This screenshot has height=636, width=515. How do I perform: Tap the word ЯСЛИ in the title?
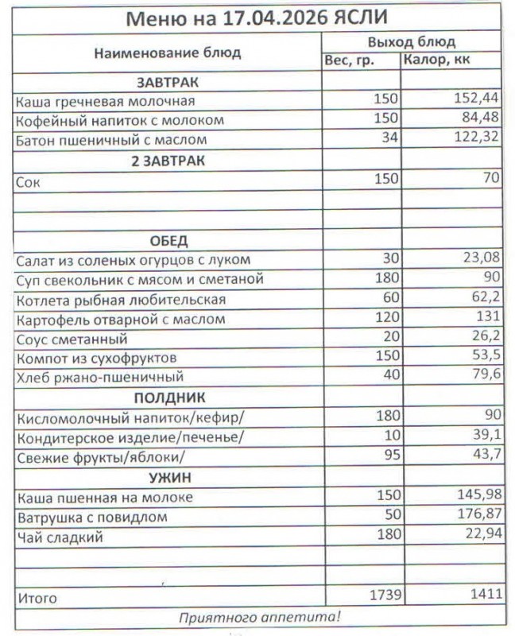click(x=343, y=18)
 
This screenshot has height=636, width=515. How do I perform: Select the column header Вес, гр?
click(x=350, y=61)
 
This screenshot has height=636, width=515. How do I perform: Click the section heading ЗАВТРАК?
click(x=168, y=82)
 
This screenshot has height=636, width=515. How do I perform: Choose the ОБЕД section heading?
click(x=168, y=240)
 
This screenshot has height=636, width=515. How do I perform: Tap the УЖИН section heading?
click(x=168, y=477)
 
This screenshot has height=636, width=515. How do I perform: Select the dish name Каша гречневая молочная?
click(x=105, y=102)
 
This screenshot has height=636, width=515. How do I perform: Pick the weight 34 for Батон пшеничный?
click(x=389, y=140)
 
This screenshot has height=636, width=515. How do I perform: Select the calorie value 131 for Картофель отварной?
click(x=487, y=319)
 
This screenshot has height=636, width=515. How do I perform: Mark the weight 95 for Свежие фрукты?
click(x=389, y=456)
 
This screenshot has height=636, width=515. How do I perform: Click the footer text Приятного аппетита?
click(x=259, y=616)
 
